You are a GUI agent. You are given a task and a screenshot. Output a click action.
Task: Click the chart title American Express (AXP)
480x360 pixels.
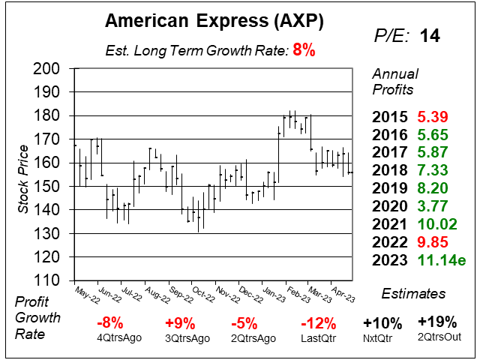pos(214,22)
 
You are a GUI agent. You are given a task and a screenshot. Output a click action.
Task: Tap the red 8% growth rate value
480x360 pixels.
pos(304,51)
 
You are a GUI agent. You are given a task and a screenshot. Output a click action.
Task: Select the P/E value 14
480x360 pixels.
pos(430,35)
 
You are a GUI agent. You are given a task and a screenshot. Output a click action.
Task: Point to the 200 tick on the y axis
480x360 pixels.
pos(49,69)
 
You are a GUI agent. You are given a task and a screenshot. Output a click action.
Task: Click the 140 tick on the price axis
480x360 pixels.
pos(49,210)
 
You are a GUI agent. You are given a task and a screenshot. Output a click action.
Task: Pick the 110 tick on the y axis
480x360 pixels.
pos(49,280)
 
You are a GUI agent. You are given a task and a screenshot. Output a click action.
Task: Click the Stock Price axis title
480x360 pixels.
pos(24,174)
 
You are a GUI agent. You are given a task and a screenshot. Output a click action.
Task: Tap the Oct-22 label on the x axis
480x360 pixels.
pos(202,293)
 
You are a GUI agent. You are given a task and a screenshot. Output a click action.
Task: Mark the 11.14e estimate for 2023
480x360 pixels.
pos(438,262)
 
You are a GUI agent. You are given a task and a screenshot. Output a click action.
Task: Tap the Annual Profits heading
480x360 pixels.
pos(394,82)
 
